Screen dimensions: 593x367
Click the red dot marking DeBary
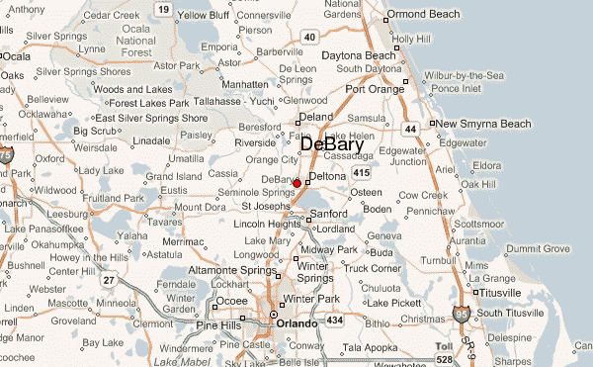[296, 183]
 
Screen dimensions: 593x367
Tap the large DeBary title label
[331, 145]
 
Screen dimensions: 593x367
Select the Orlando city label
[296, 323]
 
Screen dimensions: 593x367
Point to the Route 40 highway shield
[309, 37]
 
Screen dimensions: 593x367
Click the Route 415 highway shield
[362, 173]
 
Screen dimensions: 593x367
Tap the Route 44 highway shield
[409, 130]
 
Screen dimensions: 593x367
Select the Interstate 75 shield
[7, 155]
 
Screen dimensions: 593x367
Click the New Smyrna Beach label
[483, 124]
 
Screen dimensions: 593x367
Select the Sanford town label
[328, 213]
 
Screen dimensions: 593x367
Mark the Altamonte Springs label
[233, 269]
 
